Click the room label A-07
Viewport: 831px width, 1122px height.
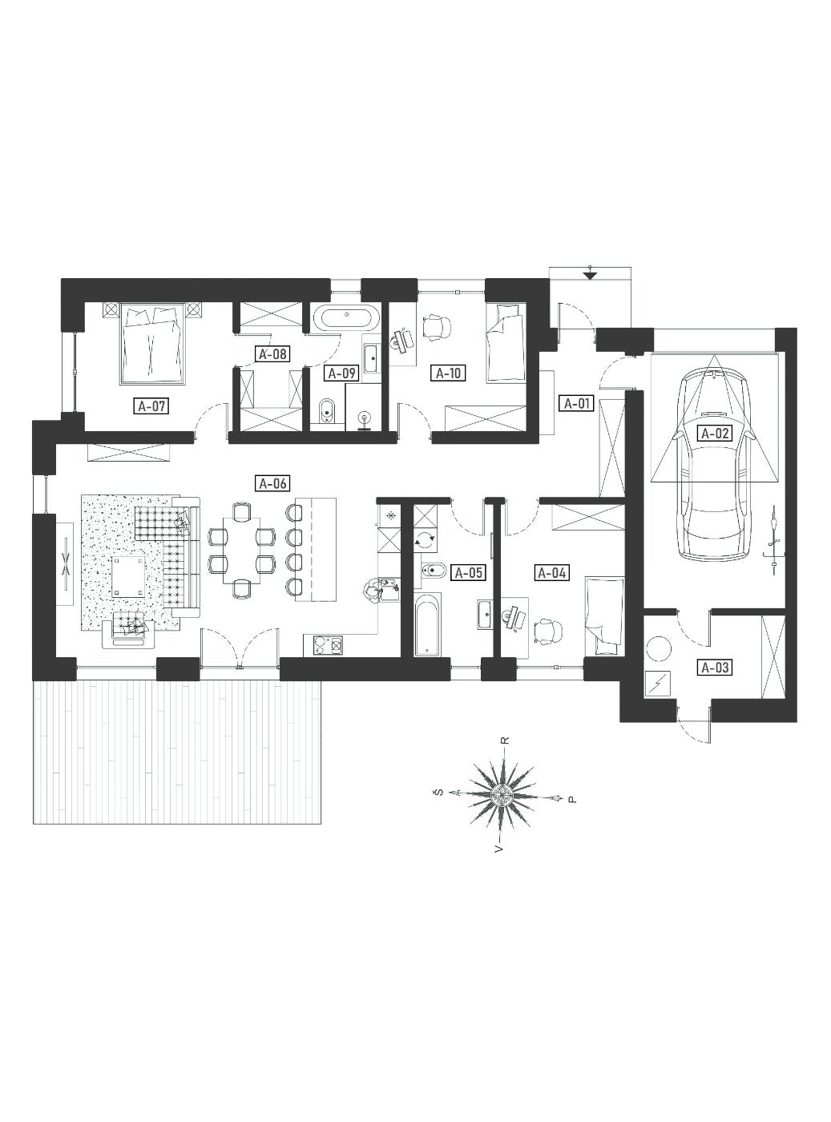coord(151,406)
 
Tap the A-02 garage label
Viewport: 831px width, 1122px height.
coord(715,433)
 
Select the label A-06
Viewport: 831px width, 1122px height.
coord(272,483)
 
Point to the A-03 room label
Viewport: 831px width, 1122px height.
coord(716,668)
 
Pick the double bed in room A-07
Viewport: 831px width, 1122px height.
coord(152,343)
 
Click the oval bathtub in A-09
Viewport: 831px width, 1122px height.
coord(346,319)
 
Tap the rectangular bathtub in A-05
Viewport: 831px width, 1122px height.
coord(427,625)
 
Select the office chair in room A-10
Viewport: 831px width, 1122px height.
coord(435,326)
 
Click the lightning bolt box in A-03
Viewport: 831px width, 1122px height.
coord(659,685)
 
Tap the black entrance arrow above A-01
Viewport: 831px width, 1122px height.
coord(590,275)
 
